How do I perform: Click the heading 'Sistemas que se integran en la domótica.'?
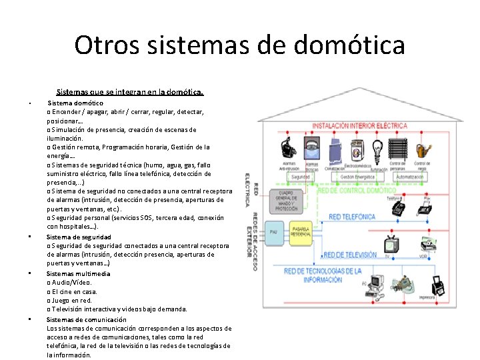(x=130, y=93)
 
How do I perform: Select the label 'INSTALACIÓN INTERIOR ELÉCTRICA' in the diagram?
(x=360, y=125)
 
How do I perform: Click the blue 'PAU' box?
(x=273, y=231)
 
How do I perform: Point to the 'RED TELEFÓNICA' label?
(x=353, y=217)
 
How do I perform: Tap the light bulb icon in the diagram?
(x=377, y=148)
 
